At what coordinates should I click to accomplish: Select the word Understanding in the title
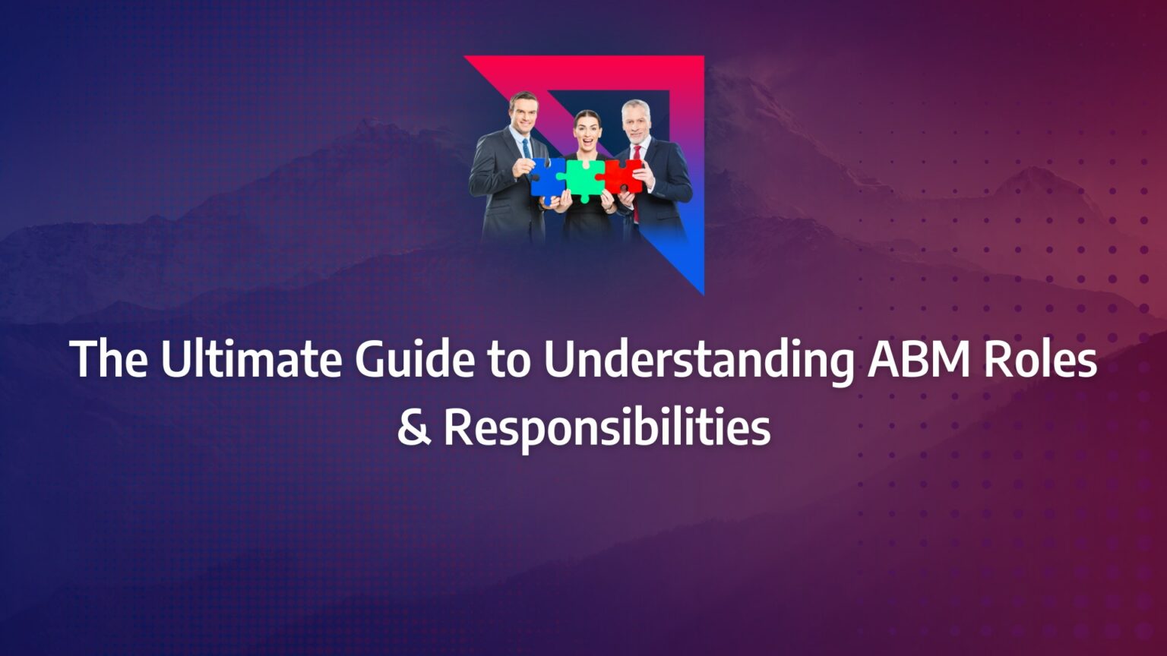698,361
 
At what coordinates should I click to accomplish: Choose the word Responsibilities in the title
606,428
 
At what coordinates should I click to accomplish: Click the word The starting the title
109,359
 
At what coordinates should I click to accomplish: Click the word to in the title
507,361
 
